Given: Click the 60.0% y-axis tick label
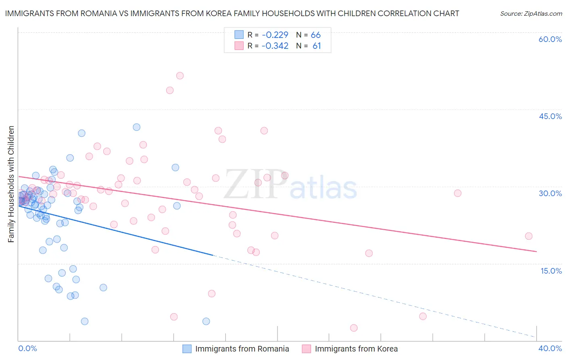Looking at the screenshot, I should [x=550, y=39].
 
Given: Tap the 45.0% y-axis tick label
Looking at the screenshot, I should [x=550, y=116].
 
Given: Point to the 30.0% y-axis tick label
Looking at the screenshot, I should [x=550, y=193].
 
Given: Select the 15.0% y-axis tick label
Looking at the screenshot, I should [x=551, y=271].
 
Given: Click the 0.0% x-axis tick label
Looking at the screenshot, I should [x=27, y=348].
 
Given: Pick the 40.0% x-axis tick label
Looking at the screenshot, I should [x=550, y=348].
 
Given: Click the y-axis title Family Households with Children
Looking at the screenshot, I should [x=11, y=184].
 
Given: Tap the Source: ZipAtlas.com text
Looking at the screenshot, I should [x=531, y=14].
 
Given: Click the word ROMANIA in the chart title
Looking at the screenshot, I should [x=96, y=14].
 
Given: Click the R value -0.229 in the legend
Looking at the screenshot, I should [x=275, y=35].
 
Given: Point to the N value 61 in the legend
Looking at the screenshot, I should [x=317, y=46].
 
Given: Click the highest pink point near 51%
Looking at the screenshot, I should [x=180, y=76].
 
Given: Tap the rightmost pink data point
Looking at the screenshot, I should [x=529, y=236].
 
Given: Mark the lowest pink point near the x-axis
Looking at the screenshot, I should [x=354, y=328].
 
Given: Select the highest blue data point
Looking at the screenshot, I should [x=137, y=127].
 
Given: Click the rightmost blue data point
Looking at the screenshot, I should [x=206, y=321].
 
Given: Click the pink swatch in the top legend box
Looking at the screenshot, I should [x=239, y=46].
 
